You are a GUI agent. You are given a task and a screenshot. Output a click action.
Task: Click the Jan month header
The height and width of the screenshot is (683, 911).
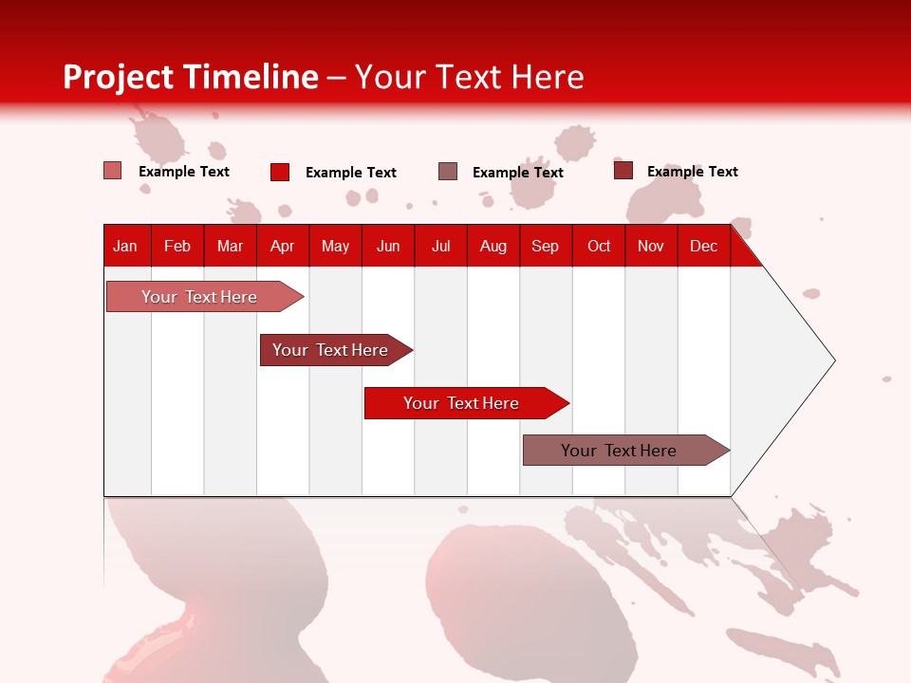[x=125, y=246]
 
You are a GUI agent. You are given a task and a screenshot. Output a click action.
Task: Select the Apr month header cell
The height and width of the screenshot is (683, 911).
[x=282, y=246]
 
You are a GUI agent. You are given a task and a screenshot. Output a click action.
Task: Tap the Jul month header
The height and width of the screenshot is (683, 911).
[x=440, y=246]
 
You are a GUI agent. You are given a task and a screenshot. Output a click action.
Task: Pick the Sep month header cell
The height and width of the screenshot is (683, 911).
[x=545, y=246]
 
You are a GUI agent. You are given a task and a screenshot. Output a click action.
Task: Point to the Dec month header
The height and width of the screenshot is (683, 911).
[x=703, y=246]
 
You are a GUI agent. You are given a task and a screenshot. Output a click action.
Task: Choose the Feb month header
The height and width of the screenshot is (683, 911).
[x=177, y=246]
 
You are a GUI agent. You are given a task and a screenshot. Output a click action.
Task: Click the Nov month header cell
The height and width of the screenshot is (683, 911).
[x=650, y=246]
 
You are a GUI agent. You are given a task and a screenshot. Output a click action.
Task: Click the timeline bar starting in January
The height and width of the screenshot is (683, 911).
[x=199, y=297]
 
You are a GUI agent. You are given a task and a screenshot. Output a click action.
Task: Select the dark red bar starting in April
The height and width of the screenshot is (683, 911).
[x=330, y=350]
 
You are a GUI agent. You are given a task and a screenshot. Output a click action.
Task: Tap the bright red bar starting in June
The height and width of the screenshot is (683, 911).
[x=461, y=403]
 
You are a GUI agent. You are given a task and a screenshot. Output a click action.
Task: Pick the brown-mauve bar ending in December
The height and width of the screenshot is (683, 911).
[x=619, y=451]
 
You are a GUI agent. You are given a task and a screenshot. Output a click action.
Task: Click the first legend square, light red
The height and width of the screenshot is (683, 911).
[x=113, y=171]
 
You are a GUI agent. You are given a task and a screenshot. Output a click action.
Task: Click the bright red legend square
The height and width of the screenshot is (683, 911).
[x=280, y=172]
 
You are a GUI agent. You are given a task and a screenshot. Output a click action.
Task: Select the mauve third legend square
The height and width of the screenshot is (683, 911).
[x=448, y=172]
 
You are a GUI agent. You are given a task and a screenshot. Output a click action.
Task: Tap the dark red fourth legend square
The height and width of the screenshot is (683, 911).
[x=623, y=171]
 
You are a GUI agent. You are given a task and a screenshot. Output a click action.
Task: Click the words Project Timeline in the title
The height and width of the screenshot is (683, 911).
[x=191, y=77]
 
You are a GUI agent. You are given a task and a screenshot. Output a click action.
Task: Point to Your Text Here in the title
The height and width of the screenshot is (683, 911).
[x=470, y=77]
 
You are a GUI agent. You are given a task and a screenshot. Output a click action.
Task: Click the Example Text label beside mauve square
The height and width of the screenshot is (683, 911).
[x=517, y=173]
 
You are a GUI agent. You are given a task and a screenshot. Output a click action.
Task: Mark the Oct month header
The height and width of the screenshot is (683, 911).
[x=599, y=246]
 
